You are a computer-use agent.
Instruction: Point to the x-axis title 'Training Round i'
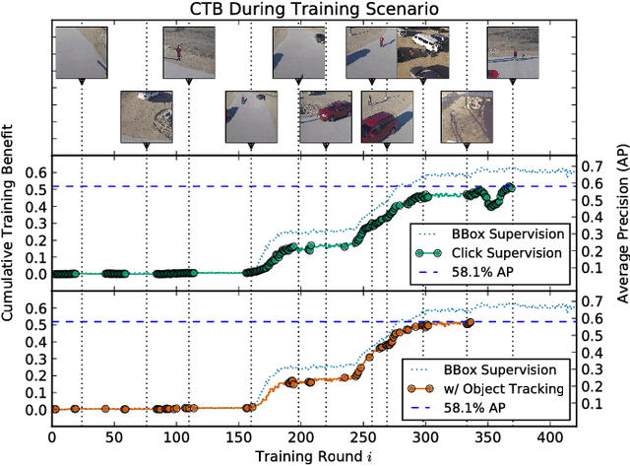tap(314, 455)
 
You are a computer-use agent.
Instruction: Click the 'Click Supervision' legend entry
tap(513, 252)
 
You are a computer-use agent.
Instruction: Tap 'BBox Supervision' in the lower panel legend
tap(513, 370)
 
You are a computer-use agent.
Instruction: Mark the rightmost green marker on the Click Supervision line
tap(509, 188)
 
